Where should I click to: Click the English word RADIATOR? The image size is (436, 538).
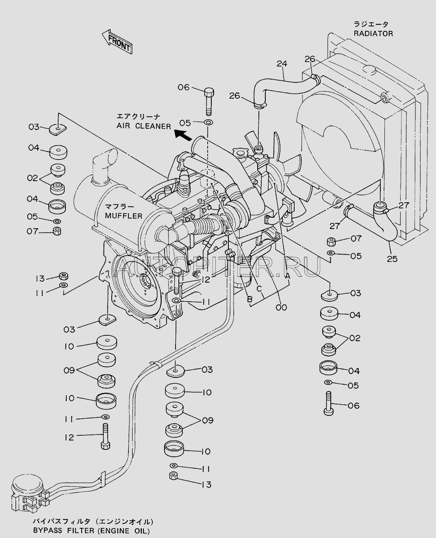(373, 34)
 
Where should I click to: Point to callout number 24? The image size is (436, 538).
(282, 63)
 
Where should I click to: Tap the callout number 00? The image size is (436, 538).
(281, 307)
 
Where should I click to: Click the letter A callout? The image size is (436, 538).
(288, 275)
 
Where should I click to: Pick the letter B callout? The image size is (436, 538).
(250, 299)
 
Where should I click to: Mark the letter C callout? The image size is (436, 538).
(258, 289)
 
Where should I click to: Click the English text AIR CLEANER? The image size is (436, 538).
(144, 126)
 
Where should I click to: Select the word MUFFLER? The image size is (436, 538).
(124, 215)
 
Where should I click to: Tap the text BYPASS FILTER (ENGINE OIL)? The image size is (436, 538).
(91, 531)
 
